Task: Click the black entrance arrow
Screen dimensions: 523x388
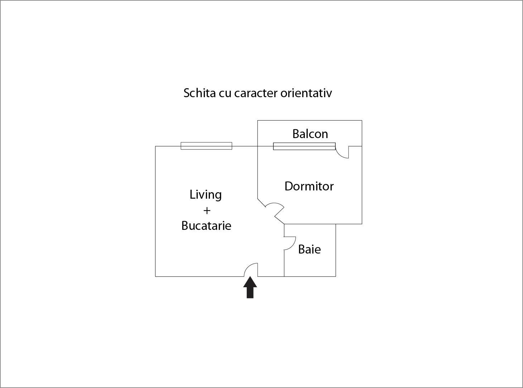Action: pyautogui.click(x=250, y=287)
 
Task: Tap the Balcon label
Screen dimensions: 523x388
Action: pyautogui.click(x=310, y=134)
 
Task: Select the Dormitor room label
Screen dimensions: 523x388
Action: pyautogui.click(x=309, y=186)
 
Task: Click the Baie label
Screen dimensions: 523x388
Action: pyautogui.click(x=310, y=249)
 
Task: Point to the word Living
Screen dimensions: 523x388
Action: pyautogui.click(x=205, y=195)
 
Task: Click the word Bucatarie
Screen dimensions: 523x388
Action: pyautogui.click(x=206, y=226)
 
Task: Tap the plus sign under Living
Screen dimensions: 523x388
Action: pyautogui.click(x=207, y=210)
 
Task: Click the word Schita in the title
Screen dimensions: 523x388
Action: pyautogui.click(x=200, y=93)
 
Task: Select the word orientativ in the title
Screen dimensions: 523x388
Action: pyautogui.click(x=306, y=93)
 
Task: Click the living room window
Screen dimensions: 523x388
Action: pyautogui.click(x=206, y=146)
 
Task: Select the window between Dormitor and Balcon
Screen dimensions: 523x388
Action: pyautogui.click(x=304, y=146)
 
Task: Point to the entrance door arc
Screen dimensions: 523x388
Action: pyautogui.click(x=248, y=267)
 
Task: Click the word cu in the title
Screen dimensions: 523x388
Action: pyautogui.click(x=225, y=93)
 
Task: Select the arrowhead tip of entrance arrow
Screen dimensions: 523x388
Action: pyautogui.click(x=250, y=277)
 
